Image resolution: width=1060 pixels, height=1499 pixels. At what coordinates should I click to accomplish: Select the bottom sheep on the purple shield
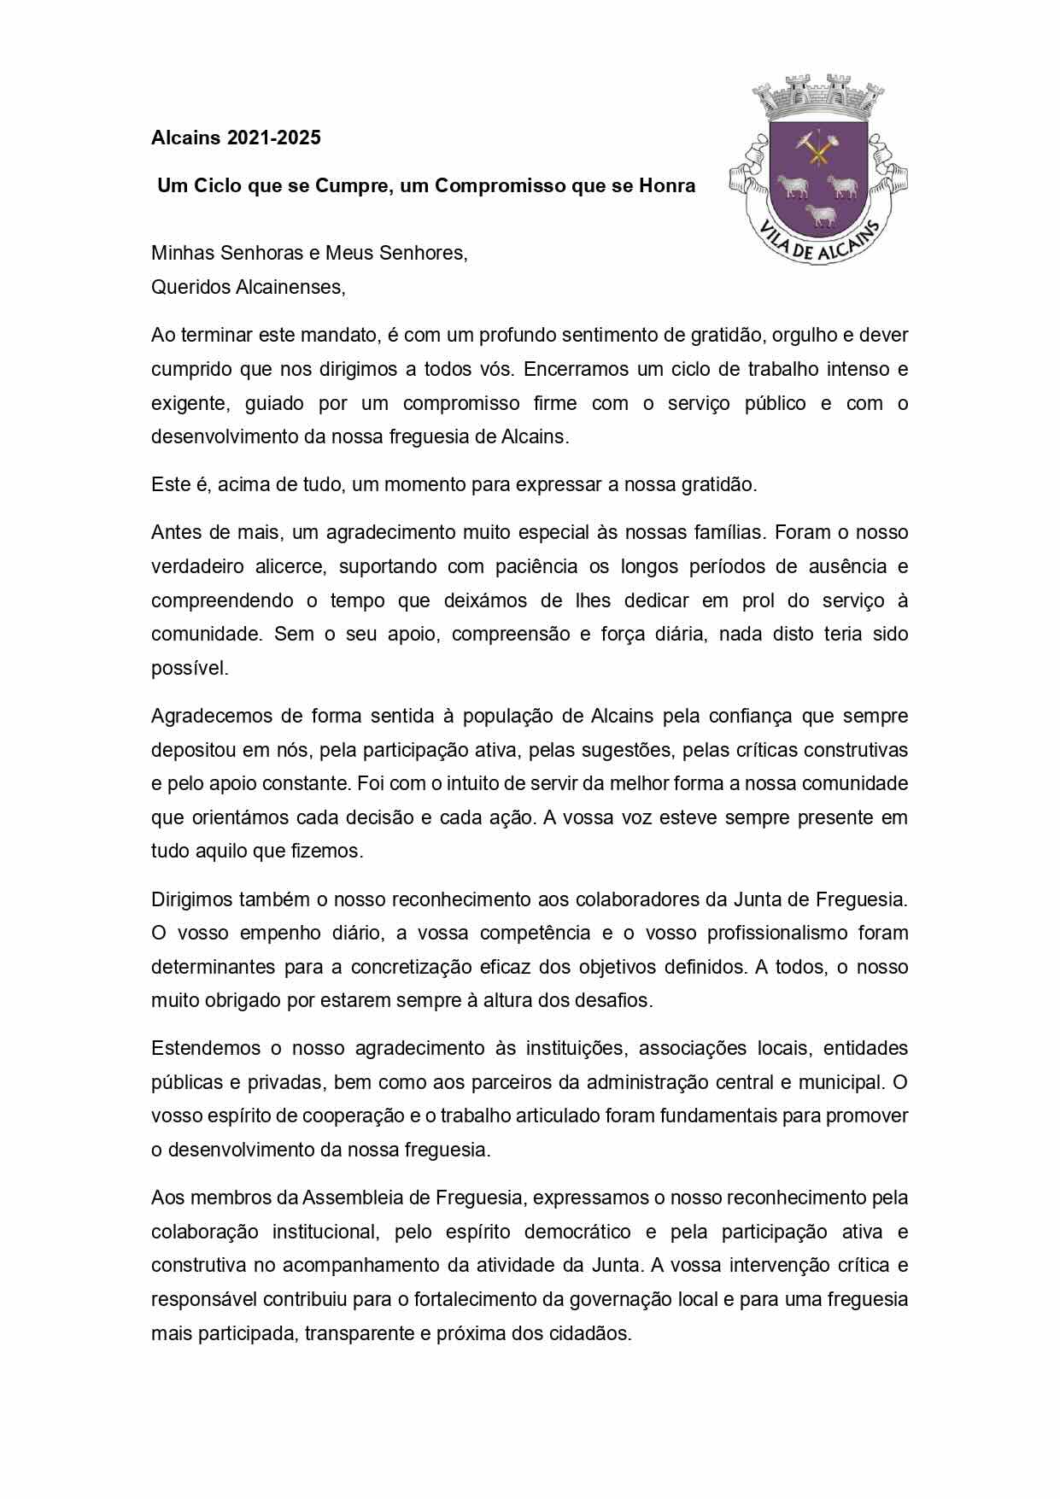point(822,215)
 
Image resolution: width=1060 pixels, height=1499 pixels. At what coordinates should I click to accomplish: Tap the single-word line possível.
point(190,668)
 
